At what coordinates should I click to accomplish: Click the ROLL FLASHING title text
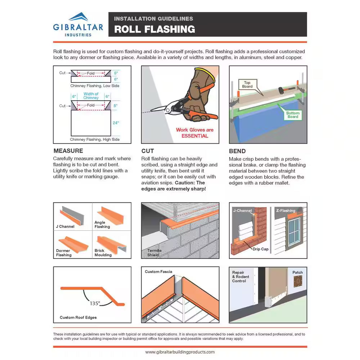pos(154,29)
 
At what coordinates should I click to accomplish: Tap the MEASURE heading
pos(68,151)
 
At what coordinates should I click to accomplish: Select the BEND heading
pos(237,151)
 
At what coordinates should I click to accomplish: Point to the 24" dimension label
pos(116,123)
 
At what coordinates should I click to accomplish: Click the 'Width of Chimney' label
pos(91,96)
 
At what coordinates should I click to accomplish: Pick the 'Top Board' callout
pos(247,85)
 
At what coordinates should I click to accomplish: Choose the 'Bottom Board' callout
pos(293,114)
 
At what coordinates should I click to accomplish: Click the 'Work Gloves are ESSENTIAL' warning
pos(194,133)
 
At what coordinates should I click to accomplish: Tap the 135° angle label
pos(95,303)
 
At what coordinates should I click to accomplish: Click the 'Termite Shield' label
pos(154,253)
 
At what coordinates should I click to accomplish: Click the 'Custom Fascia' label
pos(158,272)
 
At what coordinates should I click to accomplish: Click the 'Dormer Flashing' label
pos(64,253)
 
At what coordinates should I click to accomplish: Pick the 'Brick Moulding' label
pos(103,253)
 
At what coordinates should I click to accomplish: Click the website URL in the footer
pos(180,352)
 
